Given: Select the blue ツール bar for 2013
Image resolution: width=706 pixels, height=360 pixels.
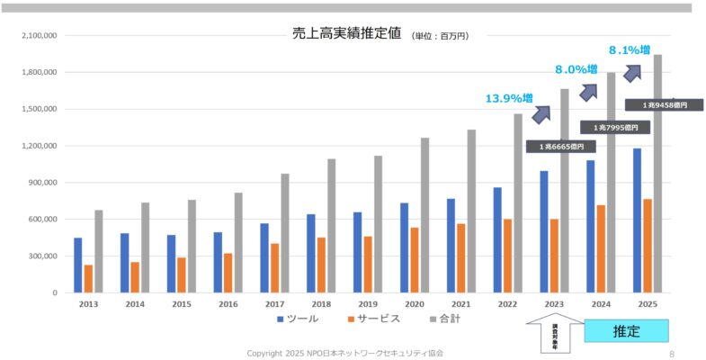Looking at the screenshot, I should [78, 265].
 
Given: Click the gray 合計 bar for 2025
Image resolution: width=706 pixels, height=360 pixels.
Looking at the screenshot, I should [657, 180].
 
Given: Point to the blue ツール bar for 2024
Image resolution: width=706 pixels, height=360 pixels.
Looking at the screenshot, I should [590, 226].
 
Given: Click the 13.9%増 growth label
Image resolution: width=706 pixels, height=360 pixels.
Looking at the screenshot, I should [509, 97].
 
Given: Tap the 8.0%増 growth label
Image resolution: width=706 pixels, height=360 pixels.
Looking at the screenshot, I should [576, 69].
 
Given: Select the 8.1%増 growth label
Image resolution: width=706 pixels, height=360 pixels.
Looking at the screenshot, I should [630, 49].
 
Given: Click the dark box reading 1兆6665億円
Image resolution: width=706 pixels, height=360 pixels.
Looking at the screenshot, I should [561, 147].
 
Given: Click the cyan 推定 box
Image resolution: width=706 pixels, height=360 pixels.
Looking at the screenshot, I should [627, 331].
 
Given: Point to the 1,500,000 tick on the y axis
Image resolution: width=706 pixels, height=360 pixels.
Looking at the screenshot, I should [38, 109].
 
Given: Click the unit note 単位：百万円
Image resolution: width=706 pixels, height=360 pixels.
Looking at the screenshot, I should [440, 36].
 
